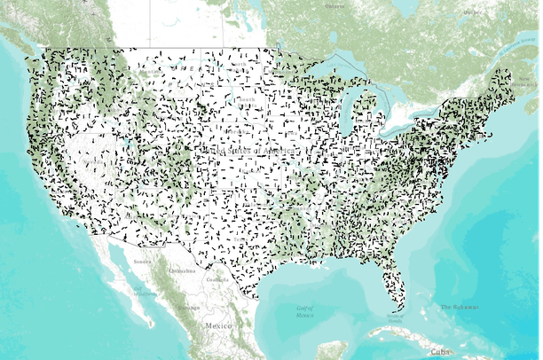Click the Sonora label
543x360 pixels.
tap(142, 262)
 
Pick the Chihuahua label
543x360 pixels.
tap(181, 270)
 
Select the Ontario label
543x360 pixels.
tap(335, 6)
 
